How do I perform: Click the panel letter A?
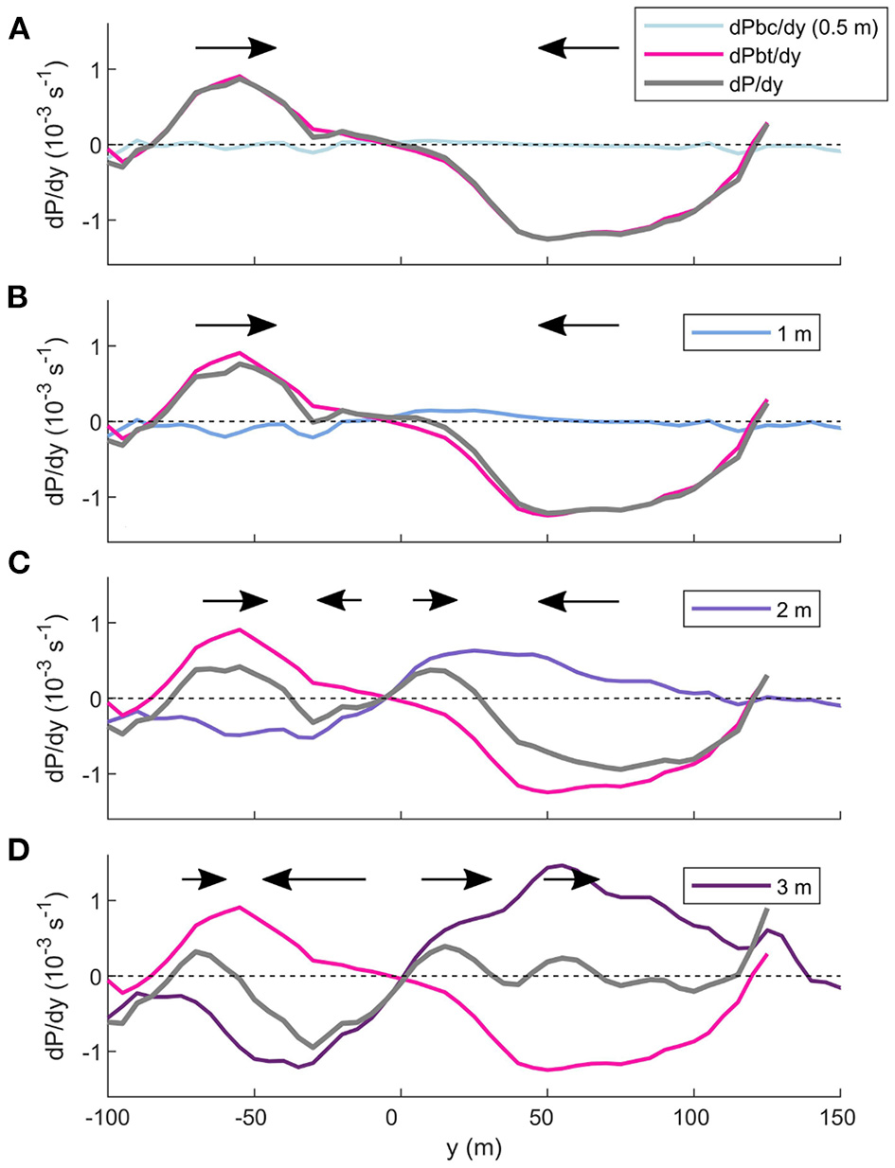point(18,29)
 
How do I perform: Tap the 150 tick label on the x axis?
point(839,1120)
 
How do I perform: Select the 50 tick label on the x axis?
point(546,1120)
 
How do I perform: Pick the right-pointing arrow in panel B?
point(235,325)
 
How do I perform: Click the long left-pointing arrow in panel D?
point(313,879)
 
